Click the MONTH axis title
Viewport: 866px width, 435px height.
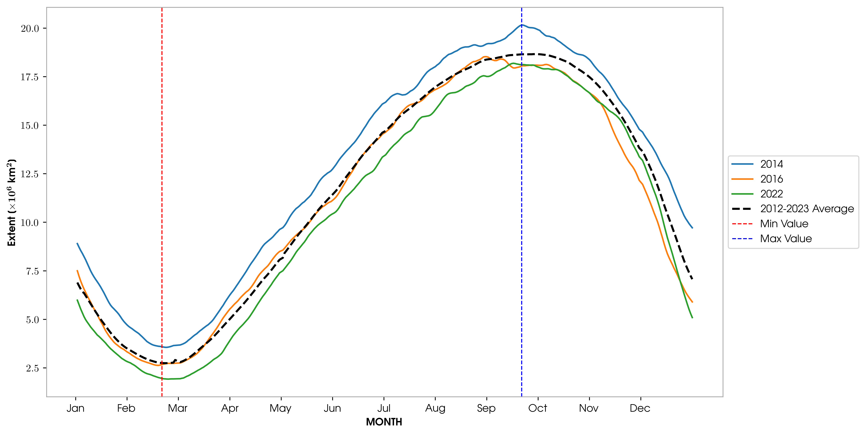pyautogui.click(x=384, y=422)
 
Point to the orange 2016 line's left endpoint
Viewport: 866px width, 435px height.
pyautogui.click(x=77, y=270)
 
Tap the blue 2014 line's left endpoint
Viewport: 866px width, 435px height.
pyautogui.click(x=77, y=243)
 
